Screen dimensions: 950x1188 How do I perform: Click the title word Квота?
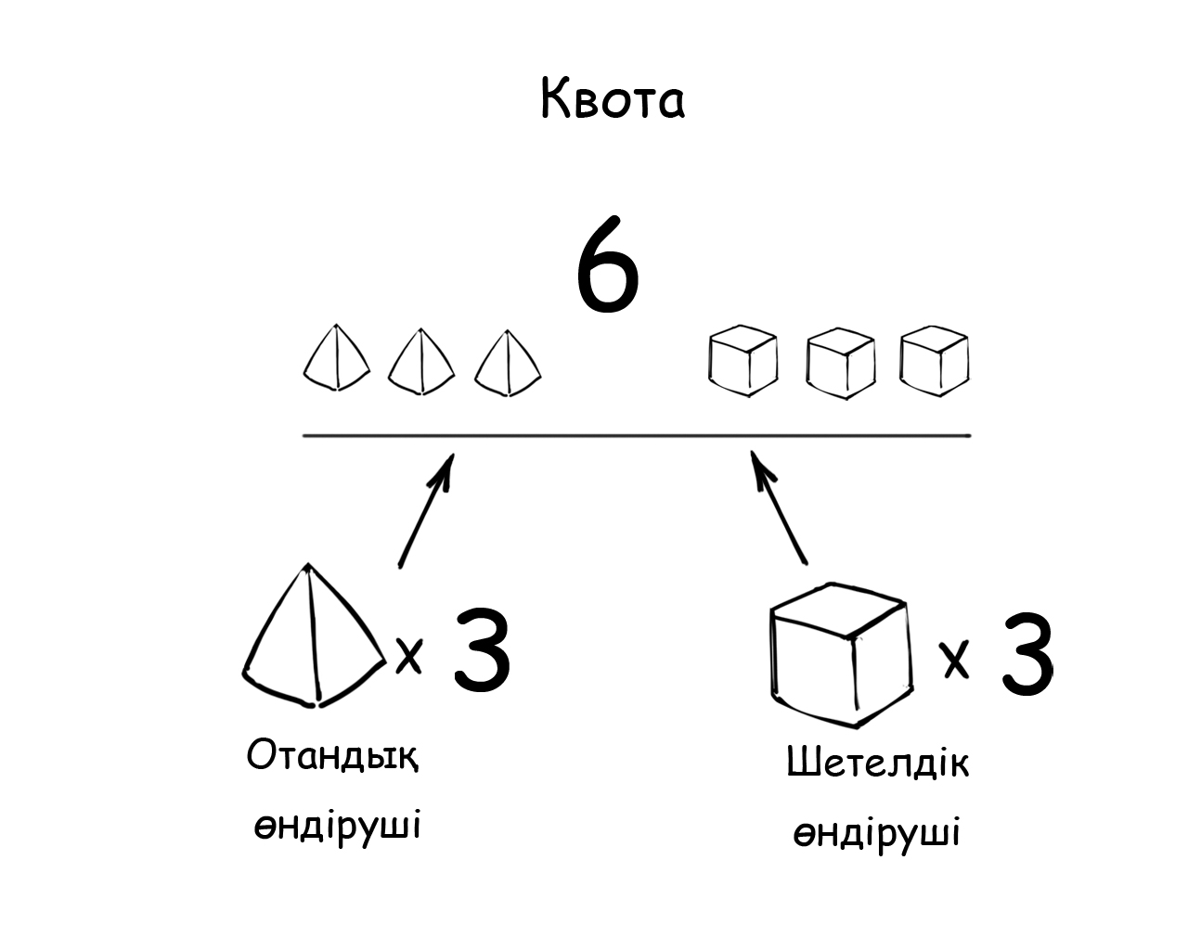(613, 99)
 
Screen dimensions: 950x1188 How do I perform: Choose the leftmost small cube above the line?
(742, 358)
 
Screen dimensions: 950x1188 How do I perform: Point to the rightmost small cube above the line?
(935, 358)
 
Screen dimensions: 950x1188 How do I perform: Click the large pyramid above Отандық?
(314, 640)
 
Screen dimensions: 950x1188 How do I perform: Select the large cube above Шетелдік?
(838, 655)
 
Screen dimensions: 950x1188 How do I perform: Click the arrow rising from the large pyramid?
(426, 509)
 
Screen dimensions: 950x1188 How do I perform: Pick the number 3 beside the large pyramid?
(482, 650)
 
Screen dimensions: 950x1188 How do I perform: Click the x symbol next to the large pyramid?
(409, 656)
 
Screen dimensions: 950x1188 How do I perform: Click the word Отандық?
(332, 757)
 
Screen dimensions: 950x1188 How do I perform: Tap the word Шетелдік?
(877, 764)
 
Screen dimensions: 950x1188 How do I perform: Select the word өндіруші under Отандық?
(338, 825)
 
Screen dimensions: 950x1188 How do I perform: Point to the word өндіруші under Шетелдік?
(876, 832)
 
